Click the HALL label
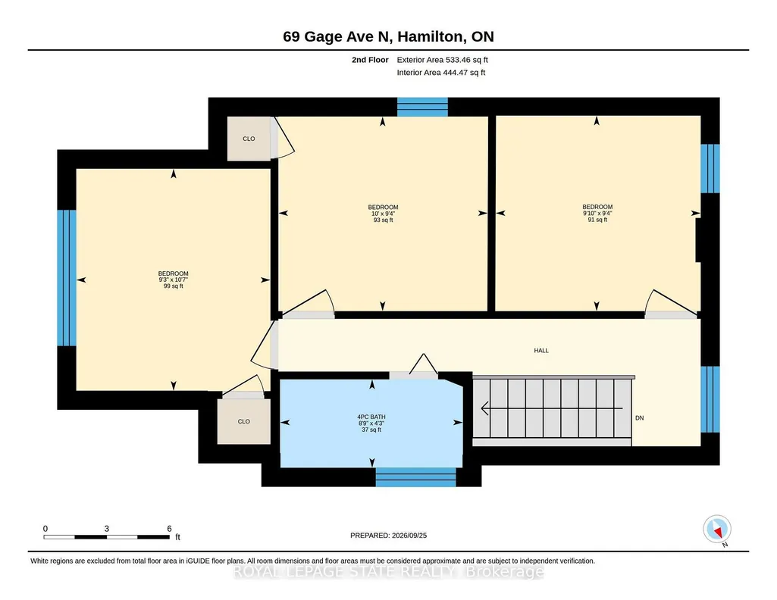541,351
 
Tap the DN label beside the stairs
639,418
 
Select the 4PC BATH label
371,417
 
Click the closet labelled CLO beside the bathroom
244,421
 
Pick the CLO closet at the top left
249,139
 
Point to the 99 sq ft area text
174,286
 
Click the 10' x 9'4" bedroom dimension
383,214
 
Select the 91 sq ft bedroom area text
597,219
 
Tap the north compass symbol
717,530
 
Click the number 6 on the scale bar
170,529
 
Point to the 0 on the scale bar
45,529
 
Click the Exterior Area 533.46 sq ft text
443,60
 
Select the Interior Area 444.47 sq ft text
441,72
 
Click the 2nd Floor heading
370,60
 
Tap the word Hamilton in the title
431,36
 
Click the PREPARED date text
388,535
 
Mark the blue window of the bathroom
415,477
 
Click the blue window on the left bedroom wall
67,278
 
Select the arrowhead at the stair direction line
486,408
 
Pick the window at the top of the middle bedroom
423,107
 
